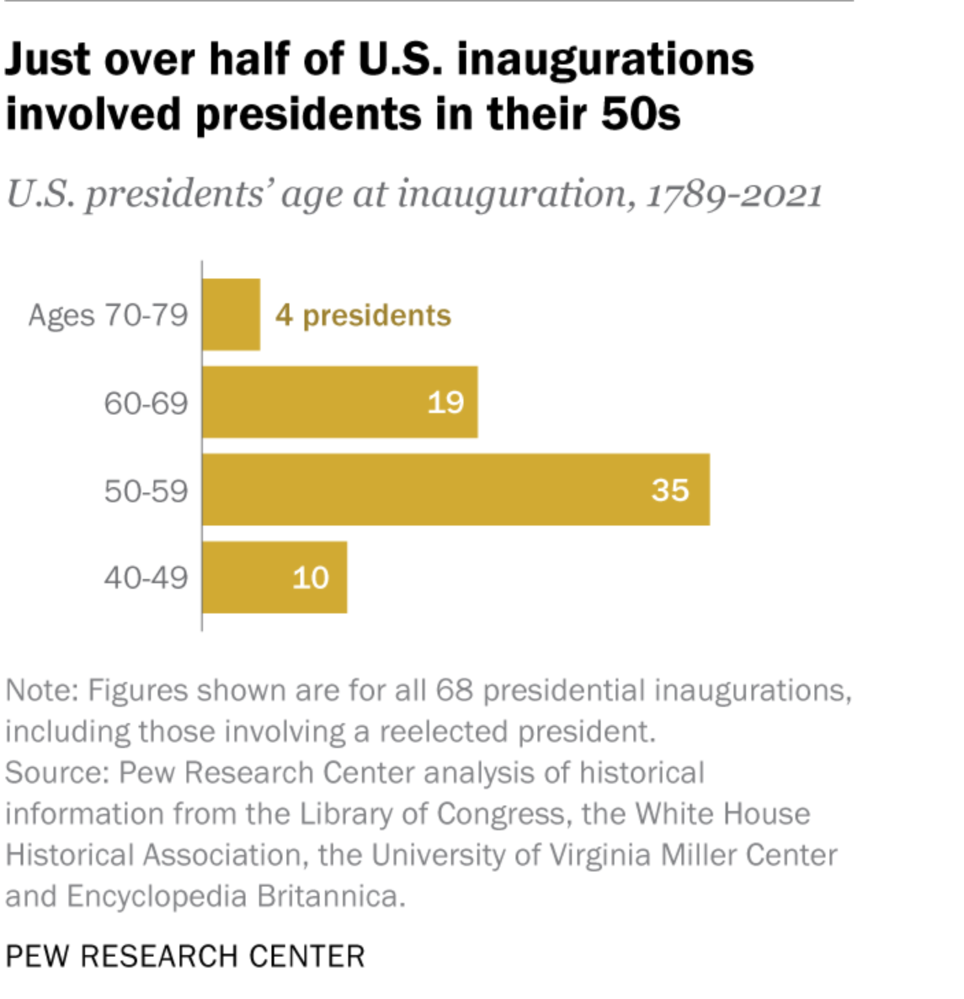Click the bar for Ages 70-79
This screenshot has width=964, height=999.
point(231,314)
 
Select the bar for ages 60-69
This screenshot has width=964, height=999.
point(339,402)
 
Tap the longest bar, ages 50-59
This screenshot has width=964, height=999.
point(455,489)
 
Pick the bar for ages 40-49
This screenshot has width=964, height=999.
point(274,577)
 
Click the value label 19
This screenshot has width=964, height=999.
point(446,403)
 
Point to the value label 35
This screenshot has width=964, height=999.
point(670,490)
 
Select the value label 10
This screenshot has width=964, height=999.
point(311,578)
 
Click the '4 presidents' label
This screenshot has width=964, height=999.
point(363,316)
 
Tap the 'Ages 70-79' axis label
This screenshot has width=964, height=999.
point(108,316)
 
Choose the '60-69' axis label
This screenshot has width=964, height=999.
point(146,403)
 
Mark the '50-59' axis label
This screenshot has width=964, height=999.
point(146,491)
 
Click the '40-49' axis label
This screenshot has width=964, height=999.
point(146,578)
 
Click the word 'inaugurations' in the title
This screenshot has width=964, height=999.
point(605,60)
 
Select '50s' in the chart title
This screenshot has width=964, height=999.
point(640,114)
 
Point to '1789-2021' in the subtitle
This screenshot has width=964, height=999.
point(734,194)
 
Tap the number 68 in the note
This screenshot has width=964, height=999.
point(454,690)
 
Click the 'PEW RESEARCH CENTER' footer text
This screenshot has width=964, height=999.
point(185,956)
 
